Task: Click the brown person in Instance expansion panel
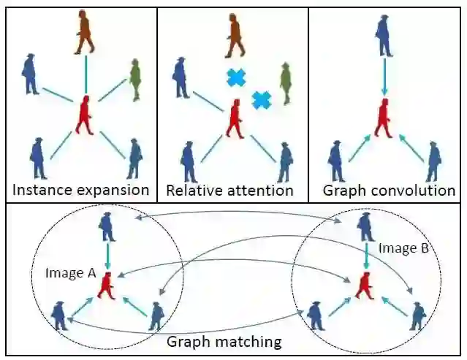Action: (84, 33)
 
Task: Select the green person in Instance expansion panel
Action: (134, 79)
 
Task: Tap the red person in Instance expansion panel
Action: (85, 115)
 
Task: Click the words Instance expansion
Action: (80, 191)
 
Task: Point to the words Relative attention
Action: (230, 191)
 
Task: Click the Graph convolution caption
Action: (388, 191)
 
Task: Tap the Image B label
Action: (399, 248)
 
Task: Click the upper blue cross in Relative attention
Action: (236, 77)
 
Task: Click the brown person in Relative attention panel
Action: (234, 36)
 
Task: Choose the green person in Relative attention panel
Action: (286, 82)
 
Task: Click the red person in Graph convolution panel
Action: (383, 119)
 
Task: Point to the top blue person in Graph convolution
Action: (383, 34)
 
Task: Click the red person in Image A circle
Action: (107, 284)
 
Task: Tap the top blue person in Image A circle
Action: (108, 226)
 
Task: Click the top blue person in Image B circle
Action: (365, 226)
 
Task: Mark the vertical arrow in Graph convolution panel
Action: (384, 77)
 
